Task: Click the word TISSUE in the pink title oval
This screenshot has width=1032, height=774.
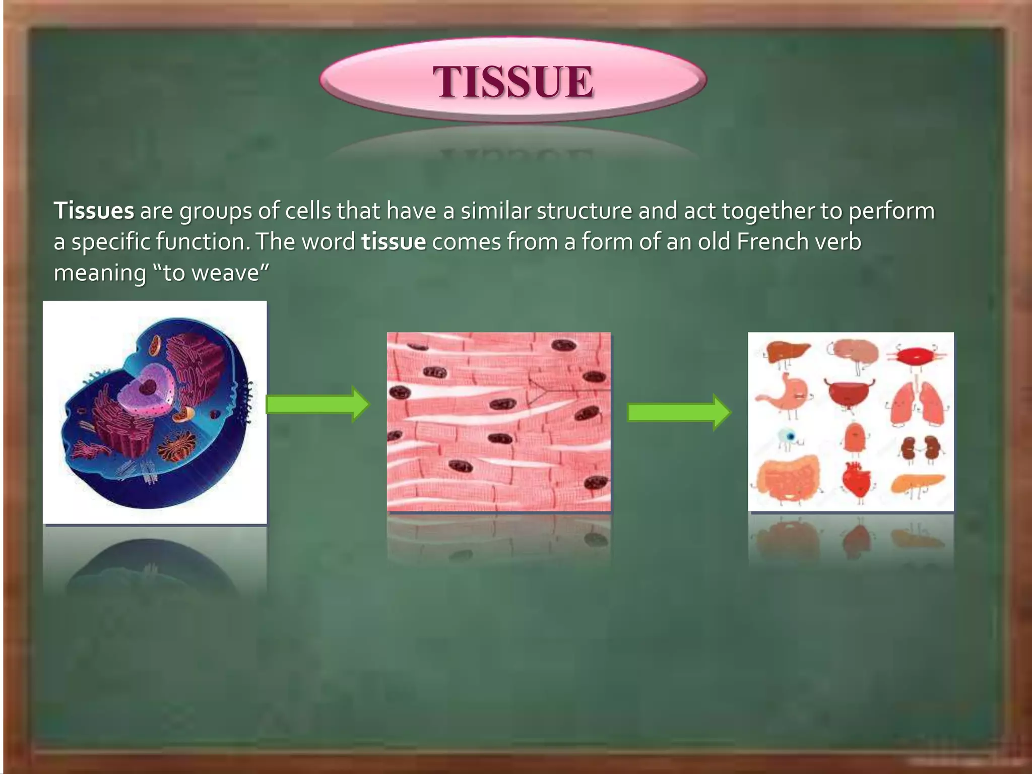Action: (513, 82)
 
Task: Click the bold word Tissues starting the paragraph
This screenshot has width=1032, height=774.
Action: (94, 211)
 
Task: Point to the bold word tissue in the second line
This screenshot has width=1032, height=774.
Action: (394, 242)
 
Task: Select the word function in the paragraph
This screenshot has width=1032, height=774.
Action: (202, 242)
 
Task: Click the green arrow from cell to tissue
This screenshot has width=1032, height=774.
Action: (317, 404)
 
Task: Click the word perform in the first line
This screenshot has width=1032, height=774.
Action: (891, 211)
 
